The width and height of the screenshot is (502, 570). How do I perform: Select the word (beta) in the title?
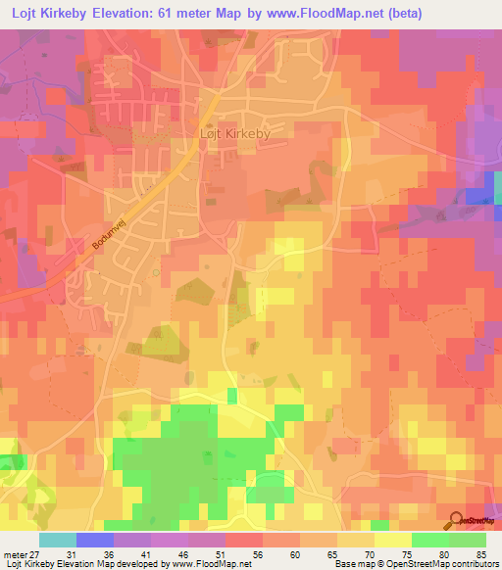(472, 13)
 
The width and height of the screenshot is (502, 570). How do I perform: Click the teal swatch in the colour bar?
(57, 541)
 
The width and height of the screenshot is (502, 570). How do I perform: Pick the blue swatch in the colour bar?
(94, 541)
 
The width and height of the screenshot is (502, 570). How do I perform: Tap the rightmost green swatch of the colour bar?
(467, 541)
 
